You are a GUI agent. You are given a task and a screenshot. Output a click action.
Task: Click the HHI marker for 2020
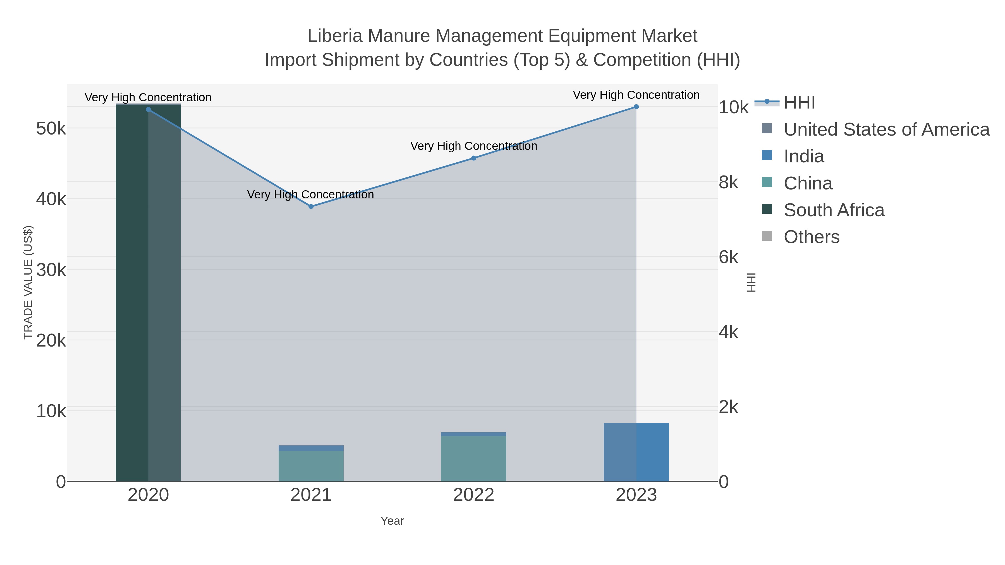(148, 110)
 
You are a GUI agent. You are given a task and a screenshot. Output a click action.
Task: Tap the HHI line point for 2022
(474, 158)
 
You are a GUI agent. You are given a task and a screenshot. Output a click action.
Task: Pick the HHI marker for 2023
(636, 107)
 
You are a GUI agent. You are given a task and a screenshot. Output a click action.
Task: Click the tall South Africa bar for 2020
(148, 292)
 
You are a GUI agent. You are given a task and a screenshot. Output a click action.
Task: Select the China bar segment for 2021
(311, 466)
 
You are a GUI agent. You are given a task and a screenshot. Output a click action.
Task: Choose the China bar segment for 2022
(474, 458)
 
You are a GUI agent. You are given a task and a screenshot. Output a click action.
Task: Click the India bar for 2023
(636, 452)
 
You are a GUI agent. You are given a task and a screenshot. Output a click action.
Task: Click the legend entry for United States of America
(886, 129)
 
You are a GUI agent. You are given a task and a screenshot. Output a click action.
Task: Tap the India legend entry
(804, 156)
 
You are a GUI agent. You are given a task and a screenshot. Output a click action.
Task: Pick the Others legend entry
(812, 237)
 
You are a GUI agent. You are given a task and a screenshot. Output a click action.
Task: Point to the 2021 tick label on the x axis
(311, 495)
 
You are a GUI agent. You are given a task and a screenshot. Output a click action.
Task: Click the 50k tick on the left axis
(51, 128)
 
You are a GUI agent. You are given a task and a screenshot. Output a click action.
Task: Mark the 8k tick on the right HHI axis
(728, 182)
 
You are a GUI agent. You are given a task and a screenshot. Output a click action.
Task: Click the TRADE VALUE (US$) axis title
(28, 282)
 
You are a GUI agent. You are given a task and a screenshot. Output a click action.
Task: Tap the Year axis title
(392, 521)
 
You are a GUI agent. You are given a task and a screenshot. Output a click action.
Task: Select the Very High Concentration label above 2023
(636, 95)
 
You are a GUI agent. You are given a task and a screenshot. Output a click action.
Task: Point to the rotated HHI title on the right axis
(752, 282)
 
